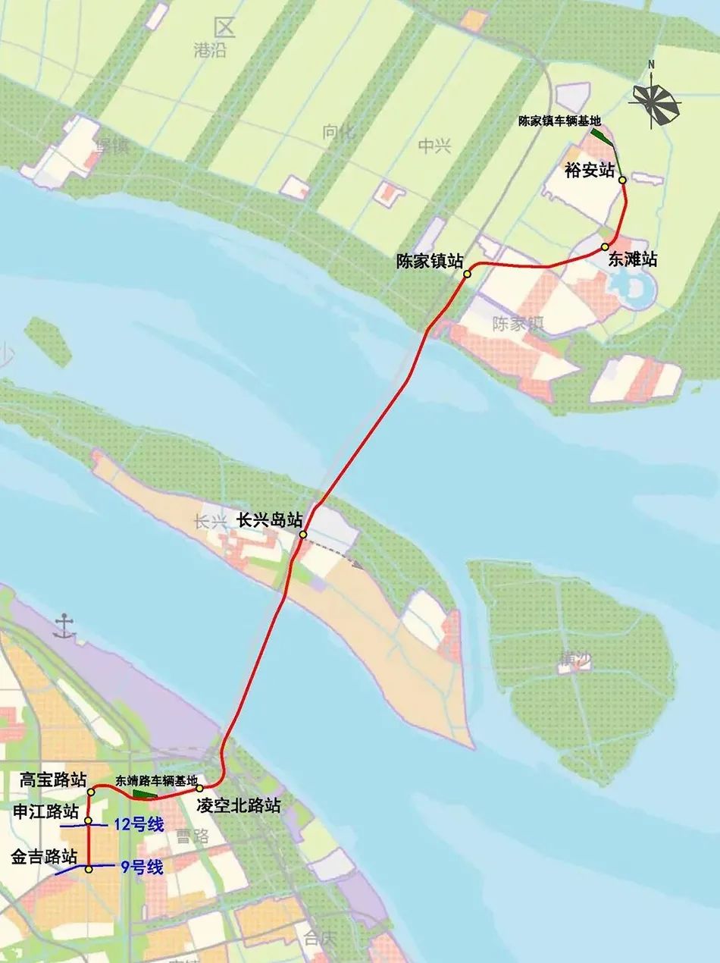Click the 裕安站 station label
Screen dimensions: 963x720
589,170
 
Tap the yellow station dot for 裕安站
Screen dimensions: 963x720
622,180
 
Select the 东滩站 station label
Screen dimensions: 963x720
632,259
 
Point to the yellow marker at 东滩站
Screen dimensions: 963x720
606,247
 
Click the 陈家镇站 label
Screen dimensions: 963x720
430,261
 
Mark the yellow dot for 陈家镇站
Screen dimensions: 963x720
468,274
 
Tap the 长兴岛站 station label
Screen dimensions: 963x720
270,521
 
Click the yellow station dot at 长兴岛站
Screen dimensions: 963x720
302,535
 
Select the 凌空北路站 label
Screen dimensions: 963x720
238,805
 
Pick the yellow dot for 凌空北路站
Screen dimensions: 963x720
201,789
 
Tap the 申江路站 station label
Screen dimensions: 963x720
45,811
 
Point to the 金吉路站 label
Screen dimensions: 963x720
44,857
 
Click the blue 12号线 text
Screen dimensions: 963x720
138,825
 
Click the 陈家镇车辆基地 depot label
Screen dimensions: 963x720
559,121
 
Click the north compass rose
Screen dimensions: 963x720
655,102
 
